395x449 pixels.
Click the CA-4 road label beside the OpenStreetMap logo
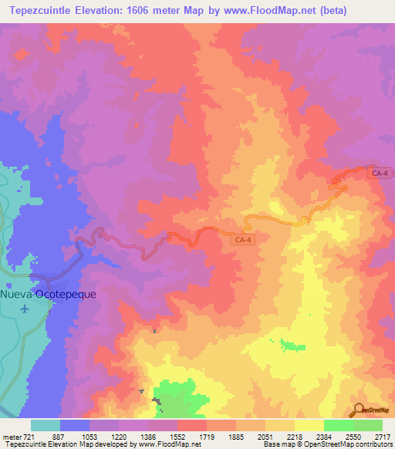pos(379,174)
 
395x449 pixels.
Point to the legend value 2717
pos(383,437)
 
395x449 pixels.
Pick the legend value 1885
pos(236,437)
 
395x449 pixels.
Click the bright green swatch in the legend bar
pos(338,425)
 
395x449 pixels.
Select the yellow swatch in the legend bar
pos(309,425)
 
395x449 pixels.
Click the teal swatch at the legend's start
pos(46,425)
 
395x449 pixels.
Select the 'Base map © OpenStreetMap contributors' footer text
pos(327,444)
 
